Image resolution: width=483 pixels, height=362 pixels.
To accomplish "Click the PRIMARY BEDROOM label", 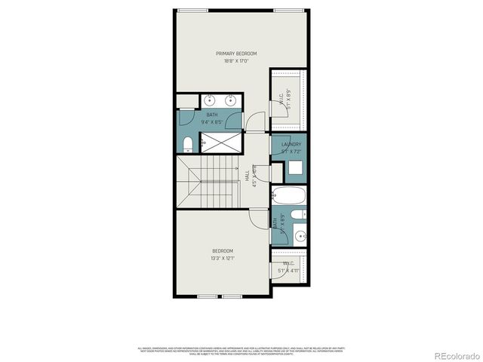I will pyautogui.click(x=236, y=54).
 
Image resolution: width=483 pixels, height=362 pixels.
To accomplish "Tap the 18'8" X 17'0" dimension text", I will pyautogui.click(x=236, y=61).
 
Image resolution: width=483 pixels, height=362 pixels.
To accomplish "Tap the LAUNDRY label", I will pyautogui.click(x=291, y=144).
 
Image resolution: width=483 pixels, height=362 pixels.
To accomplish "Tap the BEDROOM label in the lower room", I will pyautogui.click(x=222, y=250).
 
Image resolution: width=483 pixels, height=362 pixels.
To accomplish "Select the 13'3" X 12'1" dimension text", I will pyautogui.click(x=222, y=258).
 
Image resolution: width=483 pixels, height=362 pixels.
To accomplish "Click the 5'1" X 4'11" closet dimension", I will pyautogui.click(x=289, y=269).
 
